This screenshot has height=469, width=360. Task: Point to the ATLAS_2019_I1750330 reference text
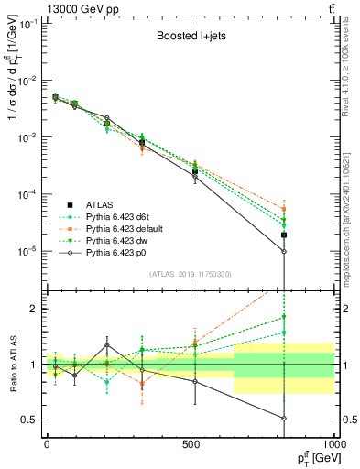pos(191,274)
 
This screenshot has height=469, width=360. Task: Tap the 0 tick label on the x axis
pos(47,443)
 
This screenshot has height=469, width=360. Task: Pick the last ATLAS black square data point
pos(284,235)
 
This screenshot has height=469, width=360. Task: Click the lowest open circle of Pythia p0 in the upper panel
pos(284,251)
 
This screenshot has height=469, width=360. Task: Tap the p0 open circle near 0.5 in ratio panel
pos(284,419)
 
